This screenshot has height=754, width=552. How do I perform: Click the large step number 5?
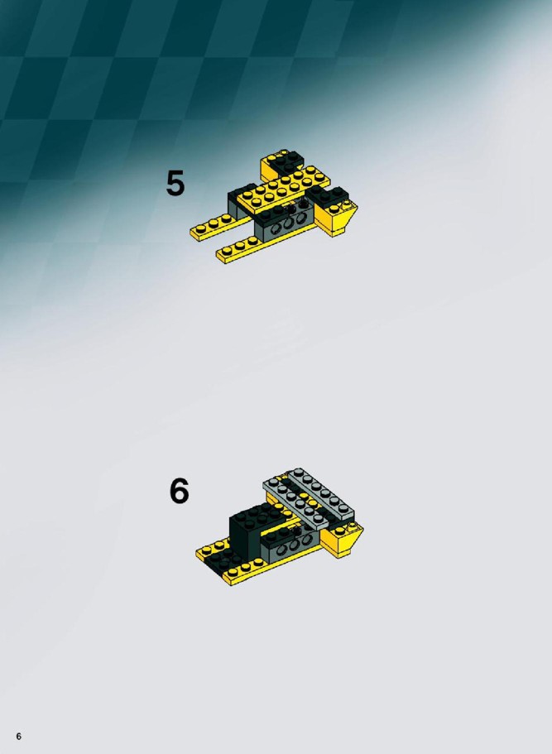175,183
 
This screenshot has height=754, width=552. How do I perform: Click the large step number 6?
179,491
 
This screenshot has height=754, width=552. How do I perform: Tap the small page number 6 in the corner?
19,737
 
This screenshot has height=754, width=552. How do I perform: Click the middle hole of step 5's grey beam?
288,224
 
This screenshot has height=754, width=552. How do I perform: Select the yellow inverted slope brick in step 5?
343,219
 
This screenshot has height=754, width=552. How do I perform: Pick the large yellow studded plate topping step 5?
284,190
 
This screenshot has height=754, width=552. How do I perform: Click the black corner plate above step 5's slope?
329,198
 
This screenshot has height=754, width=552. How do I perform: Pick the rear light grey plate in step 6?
321,492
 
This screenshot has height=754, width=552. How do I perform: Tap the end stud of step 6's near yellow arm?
233,573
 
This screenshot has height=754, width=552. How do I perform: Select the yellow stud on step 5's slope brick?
334,209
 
